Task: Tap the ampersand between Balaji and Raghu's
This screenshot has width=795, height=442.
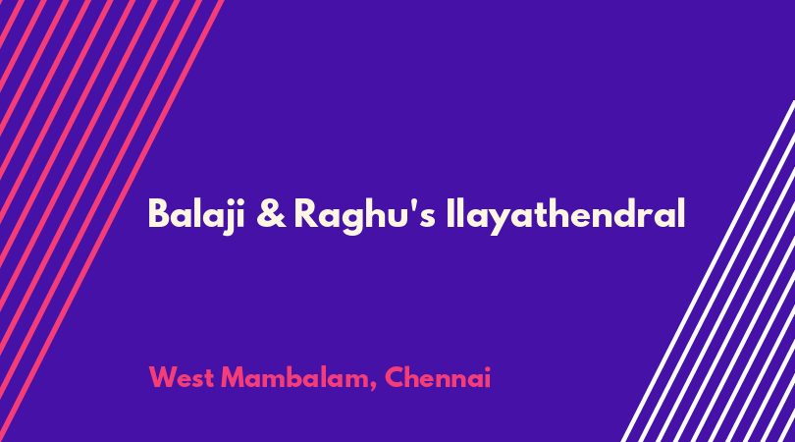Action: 271,214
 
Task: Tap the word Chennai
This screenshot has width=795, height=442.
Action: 438,377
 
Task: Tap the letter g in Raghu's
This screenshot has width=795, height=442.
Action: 353,221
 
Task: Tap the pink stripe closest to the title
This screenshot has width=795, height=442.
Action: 112,221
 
